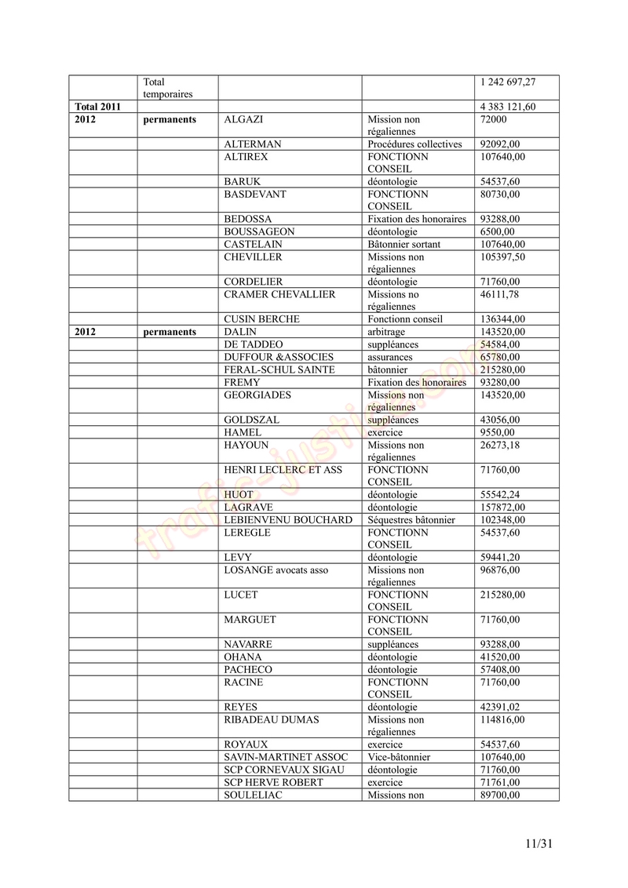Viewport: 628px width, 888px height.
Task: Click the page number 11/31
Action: (x=539, y=844)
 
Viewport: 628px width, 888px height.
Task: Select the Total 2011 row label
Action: (x=97, y=107)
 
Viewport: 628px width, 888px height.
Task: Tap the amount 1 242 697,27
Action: (x=508, y=82)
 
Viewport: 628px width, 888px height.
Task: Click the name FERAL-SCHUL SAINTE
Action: (x=279, y=369)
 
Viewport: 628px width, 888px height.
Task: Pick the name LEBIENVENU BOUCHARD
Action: (x=287, y=520)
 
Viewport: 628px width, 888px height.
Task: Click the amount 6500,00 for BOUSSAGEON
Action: (x=497, y=232)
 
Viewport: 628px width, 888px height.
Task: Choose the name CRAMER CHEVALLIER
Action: (x=279, y=294)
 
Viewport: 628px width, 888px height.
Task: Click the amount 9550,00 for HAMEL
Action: (x=497, y=432)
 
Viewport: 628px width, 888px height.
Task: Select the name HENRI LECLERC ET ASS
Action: (x=283, y=470)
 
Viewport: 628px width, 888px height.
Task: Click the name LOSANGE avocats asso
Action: (x=276, y=570)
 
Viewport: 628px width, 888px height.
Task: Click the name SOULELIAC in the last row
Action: (x=253, y=795)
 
